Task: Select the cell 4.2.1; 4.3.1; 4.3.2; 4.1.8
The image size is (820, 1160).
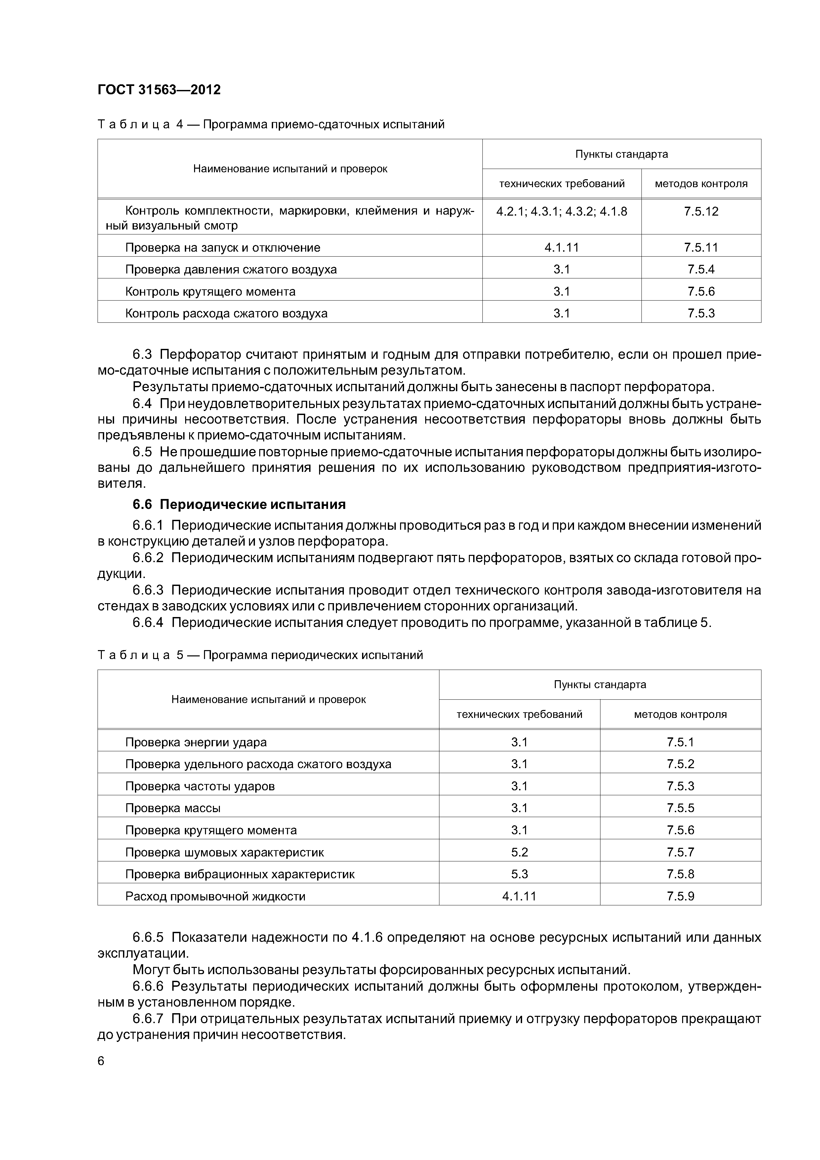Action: pos(561,211)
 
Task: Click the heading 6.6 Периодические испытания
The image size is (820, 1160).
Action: pos(239,504)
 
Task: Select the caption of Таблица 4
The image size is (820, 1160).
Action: pos(271,124)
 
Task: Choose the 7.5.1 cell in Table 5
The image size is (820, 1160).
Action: pos(680,742)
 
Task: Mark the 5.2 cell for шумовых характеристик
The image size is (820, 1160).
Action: pos(519,852)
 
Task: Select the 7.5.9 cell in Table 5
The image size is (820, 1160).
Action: pos(680,896)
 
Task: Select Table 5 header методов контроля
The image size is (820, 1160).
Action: pos(680,714)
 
